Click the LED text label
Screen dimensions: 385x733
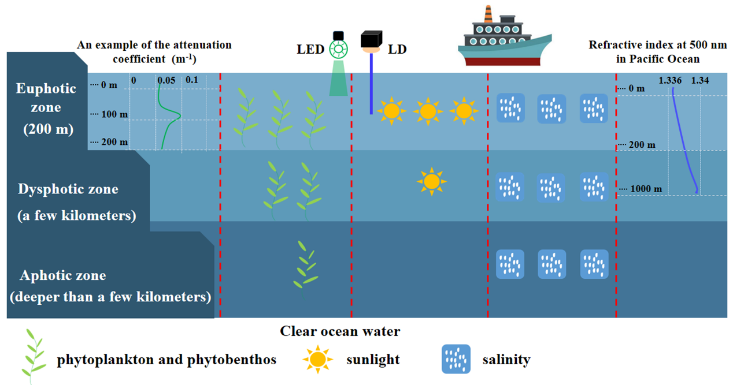(310, 49)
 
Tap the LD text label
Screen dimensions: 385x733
(397, 49)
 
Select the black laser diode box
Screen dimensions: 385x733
(370, 39)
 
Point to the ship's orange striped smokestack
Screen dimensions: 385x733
(488, 13)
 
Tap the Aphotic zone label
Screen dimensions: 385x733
(63, 275)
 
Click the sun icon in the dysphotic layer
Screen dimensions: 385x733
(431, 182)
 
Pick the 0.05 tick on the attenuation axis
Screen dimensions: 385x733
(166, 81)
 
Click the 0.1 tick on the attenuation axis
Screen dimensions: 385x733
(191, 80)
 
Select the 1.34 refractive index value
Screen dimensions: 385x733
(699, 80)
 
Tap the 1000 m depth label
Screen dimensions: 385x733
(646, 189)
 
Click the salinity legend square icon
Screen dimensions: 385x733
(456, 360)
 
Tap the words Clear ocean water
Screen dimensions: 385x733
(340, 331)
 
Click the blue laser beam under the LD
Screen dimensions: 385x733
(371, 84)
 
